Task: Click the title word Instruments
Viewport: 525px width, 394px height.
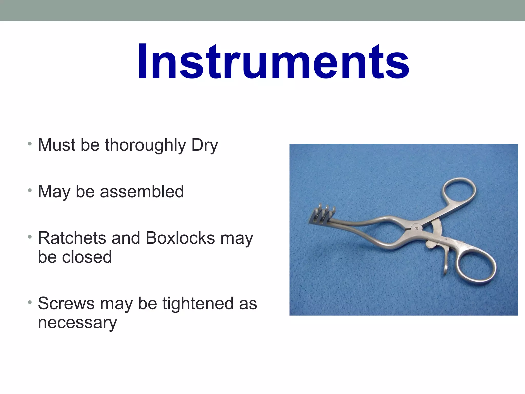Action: coord(273,62)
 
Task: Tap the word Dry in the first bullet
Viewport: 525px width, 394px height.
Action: coord(205,145)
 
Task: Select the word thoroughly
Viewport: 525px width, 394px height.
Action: coord(145,145)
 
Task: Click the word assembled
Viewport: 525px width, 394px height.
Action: coord(142,192)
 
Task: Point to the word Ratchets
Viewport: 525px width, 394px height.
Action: coord(72,238)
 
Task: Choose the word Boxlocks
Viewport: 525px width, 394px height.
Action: coord(180,238)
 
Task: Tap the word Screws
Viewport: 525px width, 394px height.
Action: coord(66,303)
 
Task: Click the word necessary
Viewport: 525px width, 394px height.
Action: coord(77,323)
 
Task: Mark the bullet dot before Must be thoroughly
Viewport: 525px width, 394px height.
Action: coord(30,144)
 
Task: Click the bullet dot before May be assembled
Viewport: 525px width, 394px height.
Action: coord(30,190)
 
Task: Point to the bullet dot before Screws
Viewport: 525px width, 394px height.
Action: coord(30,302)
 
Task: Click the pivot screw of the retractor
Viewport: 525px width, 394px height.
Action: coord(416,228)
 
